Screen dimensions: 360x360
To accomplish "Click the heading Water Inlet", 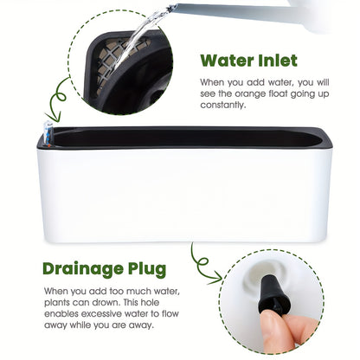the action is (x=248, y=61).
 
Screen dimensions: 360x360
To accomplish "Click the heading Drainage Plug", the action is (x=104, y=269).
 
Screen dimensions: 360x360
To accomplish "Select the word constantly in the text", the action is (x=222, y=105).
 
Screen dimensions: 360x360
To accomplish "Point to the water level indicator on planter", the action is (x=48, y=134).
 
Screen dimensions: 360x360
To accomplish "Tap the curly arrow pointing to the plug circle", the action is (x=202, y=264).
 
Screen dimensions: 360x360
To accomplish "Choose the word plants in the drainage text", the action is (x=56, y=303).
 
